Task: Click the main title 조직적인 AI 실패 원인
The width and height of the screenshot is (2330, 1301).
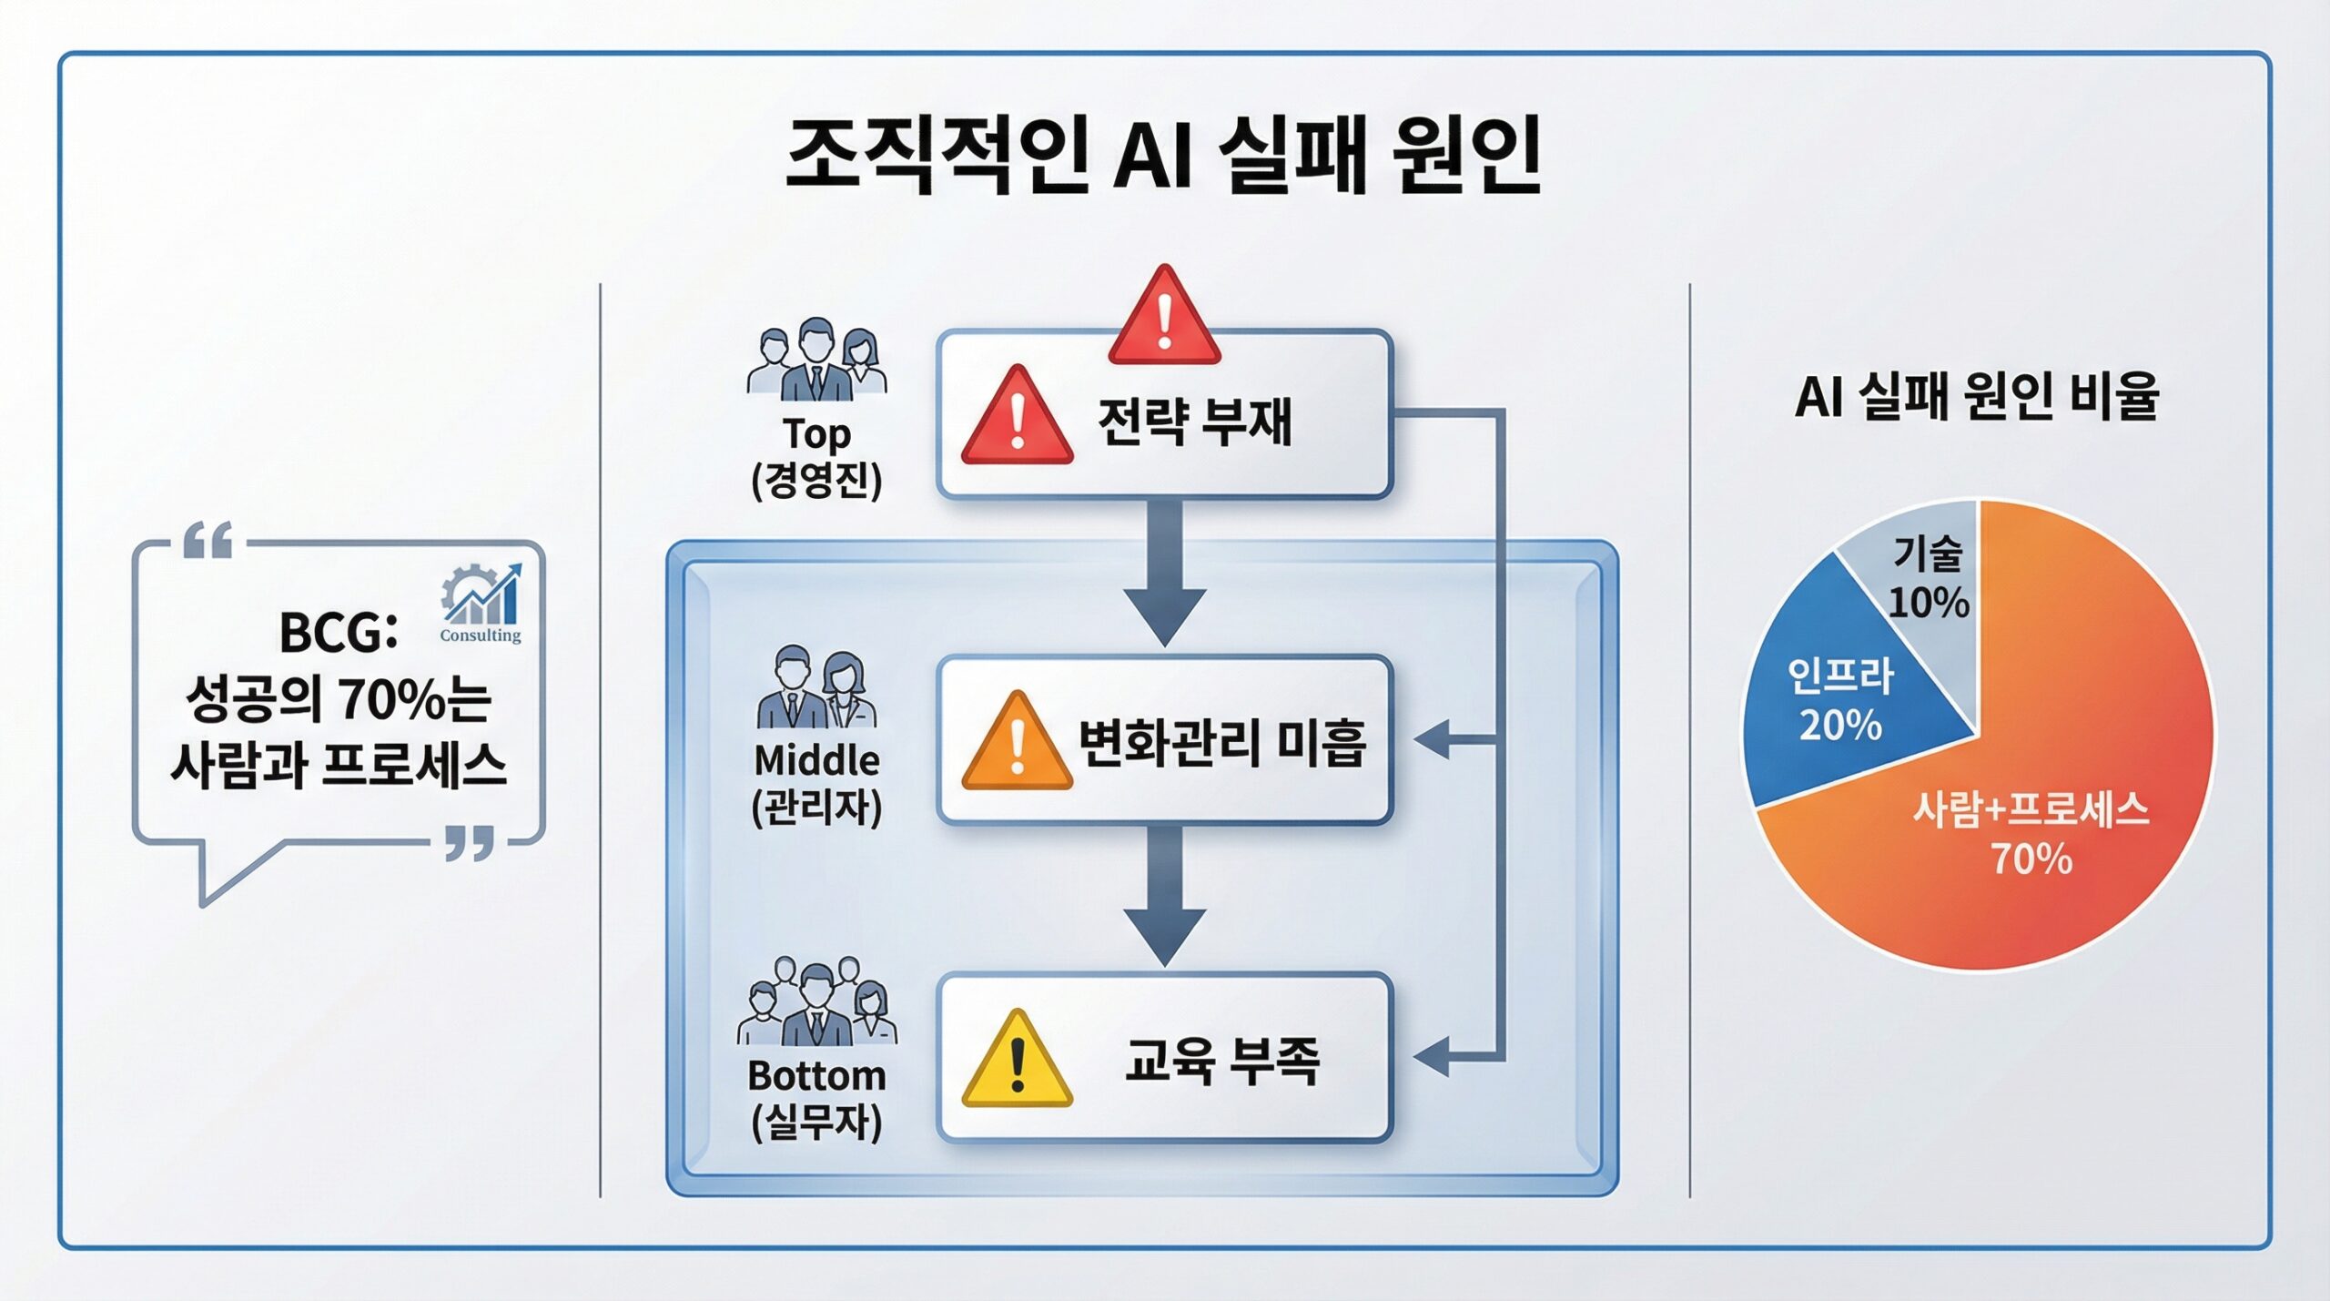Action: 1163,155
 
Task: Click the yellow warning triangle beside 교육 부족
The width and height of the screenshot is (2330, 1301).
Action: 1017,1061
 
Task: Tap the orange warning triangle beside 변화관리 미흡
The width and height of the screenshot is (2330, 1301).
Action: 1017,742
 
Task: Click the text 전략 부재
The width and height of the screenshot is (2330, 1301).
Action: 1195,422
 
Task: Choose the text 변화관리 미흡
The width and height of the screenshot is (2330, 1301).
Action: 1221,742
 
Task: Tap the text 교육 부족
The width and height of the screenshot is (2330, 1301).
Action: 1221,1061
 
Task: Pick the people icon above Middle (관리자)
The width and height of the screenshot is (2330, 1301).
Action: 816,687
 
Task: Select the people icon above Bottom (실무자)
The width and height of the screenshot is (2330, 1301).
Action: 816,1001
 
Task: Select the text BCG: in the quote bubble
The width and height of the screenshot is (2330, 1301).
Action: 338,632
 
